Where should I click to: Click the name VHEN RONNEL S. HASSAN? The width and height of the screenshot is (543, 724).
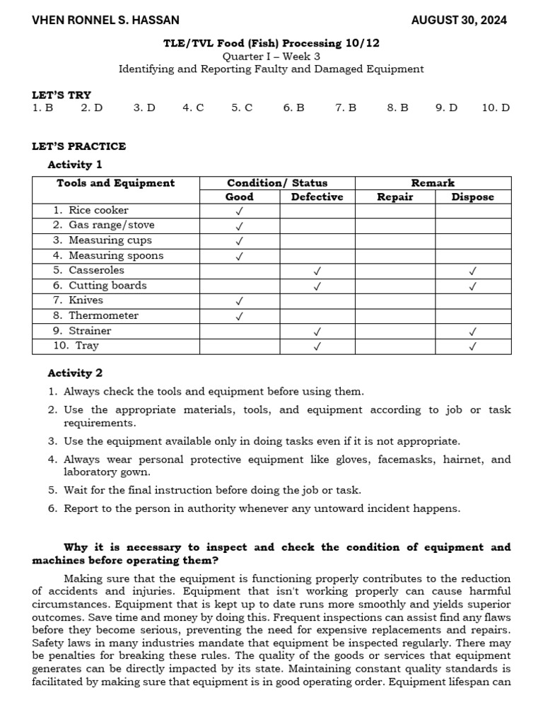105,21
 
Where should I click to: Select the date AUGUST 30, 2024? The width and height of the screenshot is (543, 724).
459,21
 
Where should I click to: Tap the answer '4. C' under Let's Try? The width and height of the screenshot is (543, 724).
193,108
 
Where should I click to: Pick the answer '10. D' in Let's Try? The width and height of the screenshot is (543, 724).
496,108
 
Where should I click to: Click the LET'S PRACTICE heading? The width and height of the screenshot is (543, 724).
79,146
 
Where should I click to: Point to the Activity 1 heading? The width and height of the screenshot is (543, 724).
75,165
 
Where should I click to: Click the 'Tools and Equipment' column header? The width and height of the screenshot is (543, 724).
115,183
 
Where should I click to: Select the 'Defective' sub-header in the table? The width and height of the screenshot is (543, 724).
317,197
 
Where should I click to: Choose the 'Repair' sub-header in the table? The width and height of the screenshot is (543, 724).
395,197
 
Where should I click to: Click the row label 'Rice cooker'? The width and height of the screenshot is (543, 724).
98,210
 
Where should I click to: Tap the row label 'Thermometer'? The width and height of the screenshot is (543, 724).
103,315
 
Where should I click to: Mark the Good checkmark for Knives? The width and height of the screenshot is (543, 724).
240,301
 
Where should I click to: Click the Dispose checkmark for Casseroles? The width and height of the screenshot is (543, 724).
472,271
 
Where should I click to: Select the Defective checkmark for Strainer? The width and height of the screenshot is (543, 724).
317,331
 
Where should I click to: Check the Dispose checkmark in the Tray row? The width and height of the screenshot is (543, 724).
472,346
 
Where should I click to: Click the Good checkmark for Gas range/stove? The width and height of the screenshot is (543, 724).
240,226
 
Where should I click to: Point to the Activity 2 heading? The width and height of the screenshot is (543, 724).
75,373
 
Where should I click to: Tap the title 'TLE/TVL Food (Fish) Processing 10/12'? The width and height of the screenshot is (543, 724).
271,43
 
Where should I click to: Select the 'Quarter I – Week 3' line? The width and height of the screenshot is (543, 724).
271,56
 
